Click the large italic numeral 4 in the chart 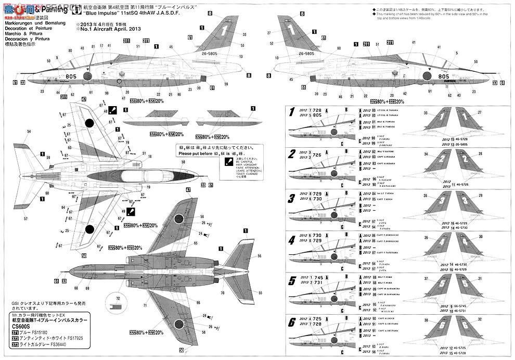coord(291,240)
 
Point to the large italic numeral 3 coord(291,199)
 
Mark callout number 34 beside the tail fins coord(426,155)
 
